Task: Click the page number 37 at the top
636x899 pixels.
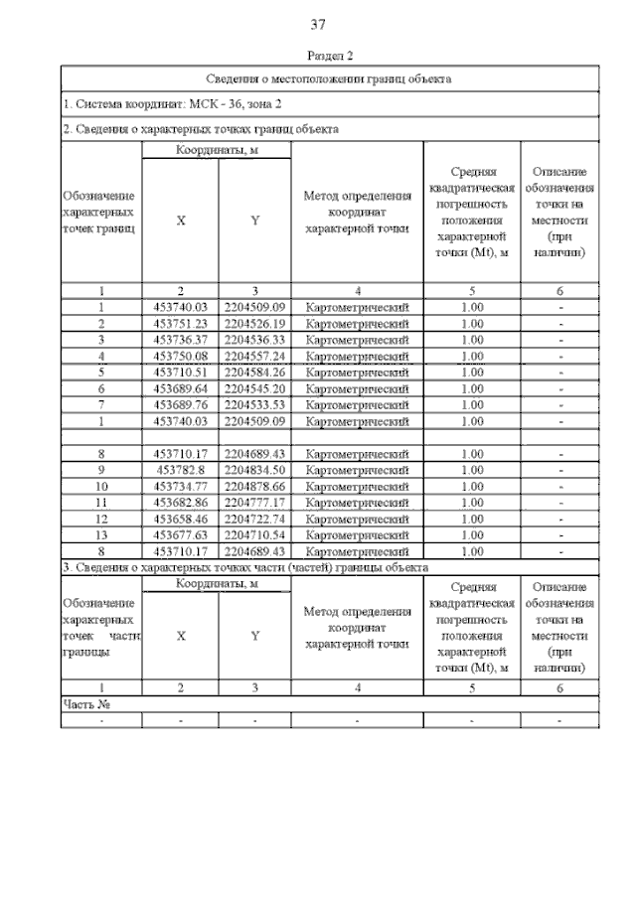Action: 318,23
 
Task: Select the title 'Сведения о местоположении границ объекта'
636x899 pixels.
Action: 329,77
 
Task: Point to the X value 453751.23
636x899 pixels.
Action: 180,323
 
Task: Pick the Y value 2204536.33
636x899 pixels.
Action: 255,339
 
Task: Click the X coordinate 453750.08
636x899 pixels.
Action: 180,355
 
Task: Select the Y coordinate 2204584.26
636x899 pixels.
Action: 255,372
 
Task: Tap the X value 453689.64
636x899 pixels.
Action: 180,387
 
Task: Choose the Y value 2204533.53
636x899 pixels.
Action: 255,403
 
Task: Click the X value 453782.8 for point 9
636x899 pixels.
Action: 180,470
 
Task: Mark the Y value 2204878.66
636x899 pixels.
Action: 255,486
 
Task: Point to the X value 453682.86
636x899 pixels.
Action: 180,503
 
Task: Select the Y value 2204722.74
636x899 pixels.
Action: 255,519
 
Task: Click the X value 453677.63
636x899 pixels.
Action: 180,534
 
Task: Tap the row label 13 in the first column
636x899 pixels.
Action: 101,534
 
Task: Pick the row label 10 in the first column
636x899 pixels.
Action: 101,486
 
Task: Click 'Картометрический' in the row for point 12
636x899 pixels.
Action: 357,519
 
